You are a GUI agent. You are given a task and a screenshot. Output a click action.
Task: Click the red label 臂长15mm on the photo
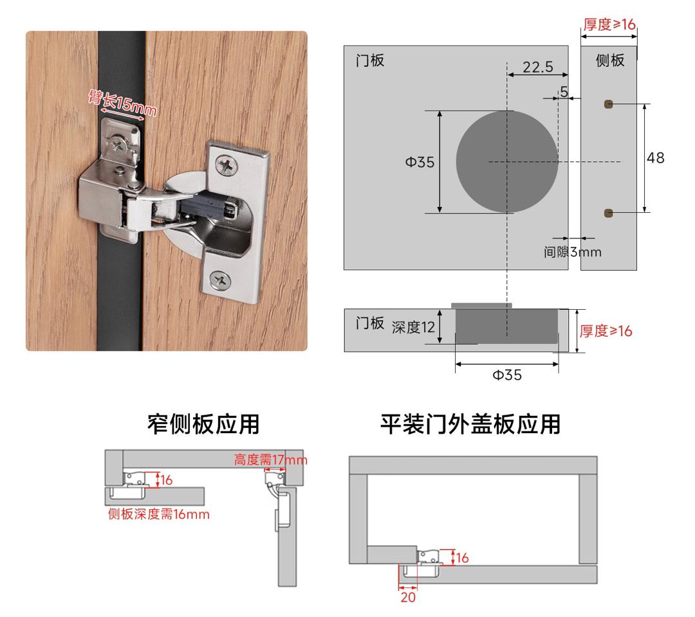click(x=122, y=103)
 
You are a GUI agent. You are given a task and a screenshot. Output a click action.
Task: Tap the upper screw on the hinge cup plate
click(x=226, y=166)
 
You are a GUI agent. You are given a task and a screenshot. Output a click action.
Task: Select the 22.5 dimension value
click(x=537, y=67)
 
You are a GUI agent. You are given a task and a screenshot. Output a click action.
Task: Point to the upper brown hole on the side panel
click(x=609, y=105)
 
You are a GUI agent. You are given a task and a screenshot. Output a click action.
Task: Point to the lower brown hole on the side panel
click(x=609, y=213)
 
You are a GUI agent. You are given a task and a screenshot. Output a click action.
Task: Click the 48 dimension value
click(x=656, y=157)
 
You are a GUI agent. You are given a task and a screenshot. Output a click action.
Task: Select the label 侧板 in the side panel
click(x=610, y=60)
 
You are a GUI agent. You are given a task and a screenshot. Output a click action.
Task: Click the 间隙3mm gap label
click(x=572, y=252)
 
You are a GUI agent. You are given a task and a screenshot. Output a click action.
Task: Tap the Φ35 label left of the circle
click(x=420, y=162)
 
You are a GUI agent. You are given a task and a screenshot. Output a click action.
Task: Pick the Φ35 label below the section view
click(x=507, y=375)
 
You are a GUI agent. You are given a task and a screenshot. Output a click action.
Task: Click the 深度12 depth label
click(x=413, y=327)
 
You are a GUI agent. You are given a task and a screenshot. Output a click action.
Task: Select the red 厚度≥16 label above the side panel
click(x=609, y=24)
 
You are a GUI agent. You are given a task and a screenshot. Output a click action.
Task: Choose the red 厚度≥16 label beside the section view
click(x=606, y=330)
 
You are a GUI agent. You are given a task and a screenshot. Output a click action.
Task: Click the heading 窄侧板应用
click(x=203, y=424)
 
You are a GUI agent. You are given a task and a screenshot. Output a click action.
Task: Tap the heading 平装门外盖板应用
click(x=470, y=424)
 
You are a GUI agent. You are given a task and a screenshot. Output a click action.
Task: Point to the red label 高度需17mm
click(x=270, y=460)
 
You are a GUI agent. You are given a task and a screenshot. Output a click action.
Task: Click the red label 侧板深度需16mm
click(x=159, y=514)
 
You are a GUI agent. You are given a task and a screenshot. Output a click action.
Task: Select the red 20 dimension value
click(x=408, y=597)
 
